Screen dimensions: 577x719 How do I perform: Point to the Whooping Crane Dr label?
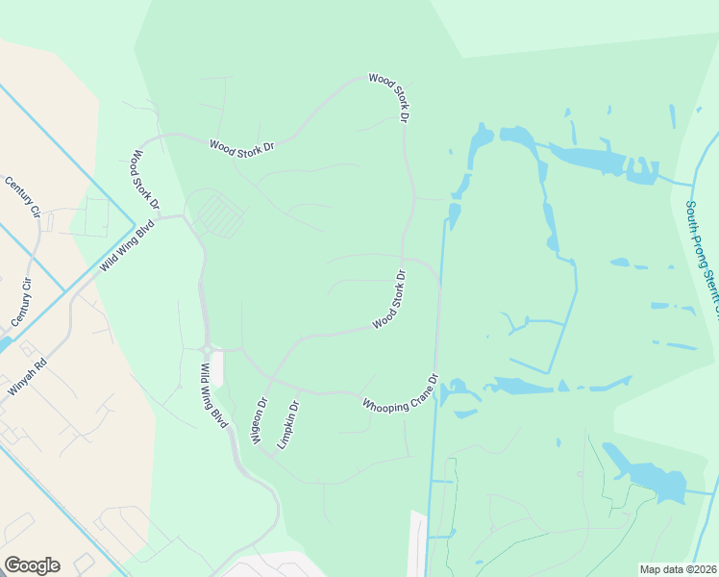pyautogui.click(x=401, y=394)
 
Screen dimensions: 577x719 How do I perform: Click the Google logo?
pyautogui.click(x=32, y=565)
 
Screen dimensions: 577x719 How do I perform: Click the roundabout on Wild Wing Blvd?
pyautogui.click(x=206, y=348)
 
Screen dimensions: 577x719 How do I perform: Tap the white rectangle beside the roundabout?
pyautogui.click(x=217, y=369)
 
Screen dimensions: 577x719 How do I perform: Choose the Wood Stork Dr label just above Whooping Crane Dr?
pyautogui.click(x=390, y=300)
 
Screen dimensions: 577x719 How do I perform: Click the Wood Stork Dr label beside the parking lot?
pyautogui.click(x=145, y=180)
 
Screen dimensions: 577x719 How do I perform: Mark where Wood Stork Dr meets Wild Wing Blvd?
pyautogui.click(x=184, y=217)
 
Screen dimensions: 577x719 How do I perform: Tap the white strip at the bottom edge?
pyautogui.click(x=416, y=543)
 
